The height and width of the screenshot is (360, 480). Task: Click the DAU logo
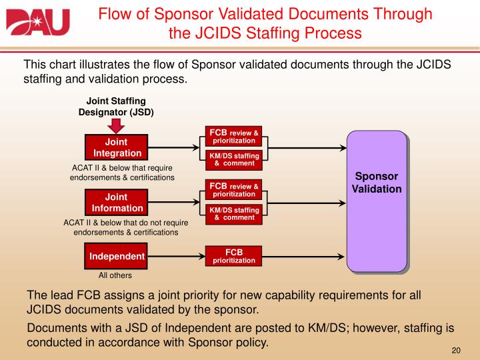[x=38, y=22]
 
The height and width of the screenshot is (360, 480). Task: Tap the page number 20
[x=457, y=351]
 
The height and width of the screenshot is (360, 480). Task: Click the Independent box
[x=117, y=257]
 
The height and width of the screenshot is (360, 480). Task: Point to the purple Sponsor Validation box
[x=377, y=200]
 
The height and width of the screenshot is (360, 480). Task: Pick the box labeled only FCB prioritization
[x=233, y=256]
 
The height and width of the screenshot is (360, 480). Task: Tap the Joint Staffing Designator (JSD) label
[x=116, y=107]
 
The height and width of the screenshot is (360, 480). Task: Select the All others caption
[x=115, y=275]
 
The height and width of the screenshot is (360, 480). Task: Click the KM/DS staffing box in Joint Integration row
[x=233, y=159]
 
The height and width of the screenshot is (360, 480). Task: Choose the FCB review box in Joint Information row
[x=233, y=189]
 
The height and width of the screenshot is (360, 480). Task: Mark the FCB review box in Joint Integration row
[x=233, y=135]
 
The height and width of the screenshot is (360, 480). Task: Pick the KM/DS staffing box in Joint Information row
[x=233, y=213]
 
